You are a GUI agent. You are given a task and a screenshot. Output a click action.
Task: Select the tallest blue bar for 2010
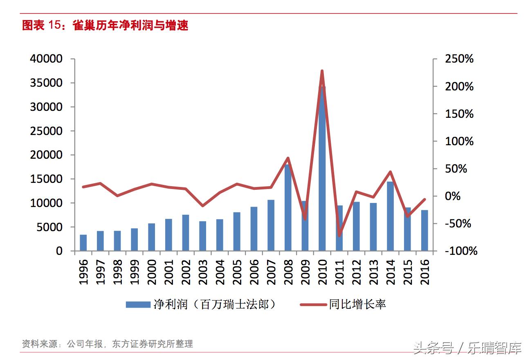pyautogui.click(x=322, y=172)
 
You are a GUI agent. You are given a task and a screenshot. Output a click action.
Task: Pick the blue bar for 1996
pyautogui.click(x=83, y=243)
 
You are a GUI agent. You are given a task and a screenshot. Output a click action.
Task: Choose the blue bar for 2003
pyautogui.click(x=202, y=236)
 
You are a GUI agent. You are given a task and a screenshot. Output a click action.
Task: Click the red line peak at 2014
pyautogui.click(x=390, y=172)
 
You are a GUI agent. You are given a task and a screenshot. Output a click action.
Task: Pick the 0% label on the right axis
pyautogui.click(x=452, y=196)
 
